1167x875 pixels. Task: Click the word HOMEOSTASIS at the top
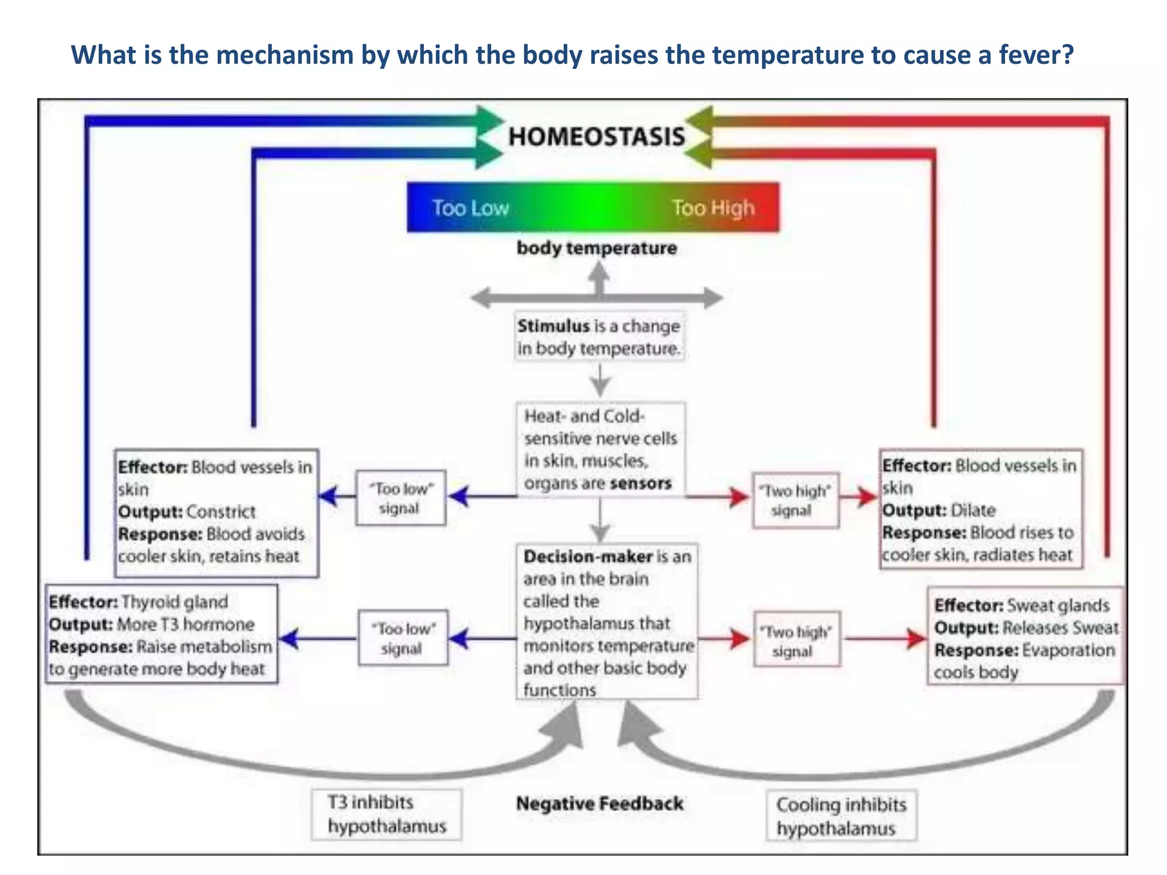(596, 137)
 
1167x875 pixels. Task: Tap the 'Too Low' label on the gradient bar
(470, 208)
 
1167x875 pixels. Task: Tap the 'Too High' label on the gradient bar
(713, 208)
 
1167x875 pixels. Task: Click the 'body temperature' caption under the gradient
(597, 248)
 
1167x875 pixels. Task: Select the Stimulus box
(599, 337)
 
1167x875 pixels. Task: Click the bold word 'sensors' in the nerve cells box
(640, 483)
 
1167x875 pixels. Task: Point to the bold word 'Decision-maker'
(587, 557)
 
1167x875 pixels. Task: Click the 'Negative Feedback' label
(599, 804)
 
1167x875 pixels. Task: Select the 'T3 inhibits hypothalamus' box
(386, 814)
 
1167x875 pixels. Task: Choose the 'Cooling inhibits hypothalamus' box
(841, 816)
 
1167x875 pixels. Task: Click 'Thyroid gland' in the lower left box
(174, 602)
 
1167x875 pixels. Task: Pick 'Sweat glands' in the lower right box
(1058, 605)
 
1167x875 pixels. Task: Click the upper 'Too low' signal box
(401, 498)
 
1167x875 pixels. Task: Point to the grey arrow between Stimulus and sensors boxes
(599, 381)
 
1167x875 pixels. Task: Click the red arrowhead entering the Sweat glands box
(917, 639)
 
